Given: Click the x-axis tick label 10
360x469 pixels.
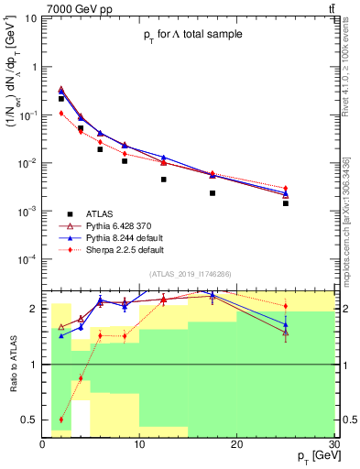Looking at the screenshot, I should pyautogui.click(x=139, y=444).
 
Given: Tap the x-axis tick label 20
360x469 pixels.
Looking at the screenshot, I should pyautogui.click(x=236, y=444).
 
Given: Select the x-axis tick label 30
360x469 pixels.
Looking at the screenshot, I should pyautogui.click(x=333, y=444).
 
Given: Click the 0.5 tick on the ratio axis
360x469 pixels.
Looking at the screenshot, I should pyautogui.click(x=31, y=420).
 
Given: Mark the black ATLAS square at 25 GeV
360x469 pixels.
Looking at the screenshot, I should pyautogui.click(x=286, y=203).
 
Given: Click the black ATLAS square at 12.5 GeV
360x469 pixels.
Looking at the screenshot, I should pyautogui.click(x=164, y=180).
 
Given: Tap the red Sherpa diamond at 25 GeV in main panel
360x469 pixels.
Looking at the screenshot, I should pyautogui.click(x=286, y=188).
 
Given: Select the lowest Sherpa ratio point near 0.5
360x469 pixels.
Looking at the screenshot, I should pyautogui.click(x=61, y=420).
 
